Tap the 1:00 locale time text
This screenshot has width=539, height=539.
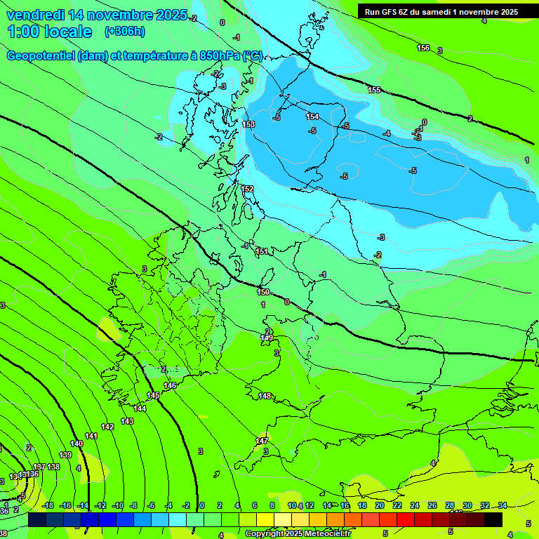(x=50, y=32)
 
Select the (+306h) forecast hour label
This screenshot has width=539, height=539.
(x=124, y=32)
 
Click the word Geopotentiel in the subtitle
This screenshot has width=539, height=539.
(x=40, y=56)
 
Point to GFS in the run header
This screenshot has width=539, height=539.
(x=391, y=12)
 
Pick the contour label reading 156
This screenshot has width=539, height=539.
(x=423, y=48)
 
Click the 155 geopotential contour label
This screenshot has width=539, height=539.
(x=374, y=90)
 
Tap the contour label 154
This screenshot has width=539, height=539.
(x=312, y=117)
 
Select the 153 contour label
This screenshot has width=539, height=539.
(x=248, y=124)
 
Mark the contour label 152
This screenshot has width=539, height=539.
(x=247, y=189)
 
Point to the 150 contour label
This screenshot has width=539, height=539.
(x=263, y=292)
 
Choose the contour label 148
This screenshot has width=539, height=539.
(x=264, y=397)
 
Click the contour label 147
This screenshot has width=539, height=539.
(x=262, y=441)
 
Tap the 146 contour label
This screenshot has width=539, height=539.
(x=170, y=386)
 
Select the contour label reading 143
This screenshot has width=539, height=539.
(x=127, y=421)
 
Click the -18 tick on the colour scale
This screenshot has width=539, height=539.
(x=48, y=505)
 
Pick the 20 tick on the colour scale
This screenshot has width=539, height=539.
(x=380, y=505)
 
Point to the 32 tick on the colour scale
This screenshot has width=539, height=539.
(x=485, y=505)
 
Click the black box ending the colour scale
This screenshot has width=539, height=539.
(x=493, y=519)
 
